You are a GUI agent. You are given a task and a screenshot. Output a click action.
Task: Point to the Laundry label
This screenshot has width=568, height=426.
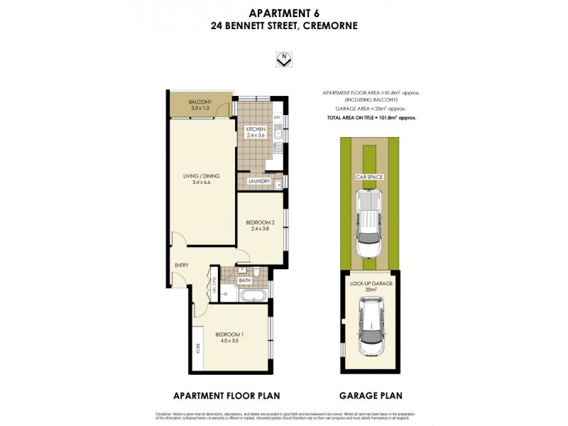pyautogui.click(x=258, y=182)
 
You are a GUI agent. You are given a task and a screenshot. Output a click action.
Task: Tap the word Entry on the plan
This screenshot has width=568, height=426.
pyautogui.click(x=182, y=266)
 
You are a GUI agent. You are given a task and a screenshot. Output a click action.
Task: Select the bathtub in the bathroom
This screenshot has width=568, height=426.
pyautogui.click(x=253, y=293)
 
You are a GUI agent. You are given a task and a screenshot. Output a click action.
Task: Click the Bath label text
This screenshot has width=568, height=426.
pyautogui.click(x=244, y=280)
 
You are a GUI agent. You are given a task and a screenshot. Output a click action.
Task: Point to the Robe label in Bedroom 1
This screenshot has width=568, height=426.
pyautogui.click(x=197, y=349)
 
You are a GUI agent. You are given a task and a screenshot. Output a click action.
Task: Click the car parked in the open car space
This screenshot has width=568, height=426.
pyautogui.click(x=368, y=224)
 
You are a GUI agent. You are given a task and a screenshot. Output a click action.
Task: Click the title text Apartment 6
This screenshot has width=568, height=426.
pyautogui.click(x=283, y=12)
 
